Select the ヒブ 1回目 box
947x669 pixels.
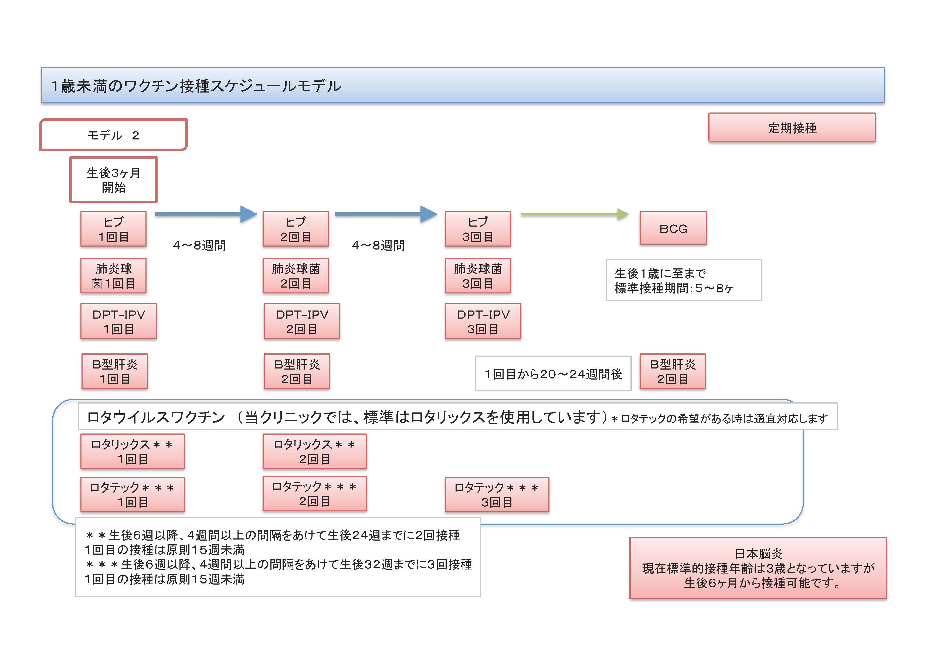113,229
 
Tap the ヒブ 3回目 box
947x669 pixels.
478,229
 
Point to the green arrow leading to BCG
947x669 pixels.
575,214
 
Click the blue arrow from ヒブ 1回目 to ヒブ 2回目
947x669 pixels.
206,214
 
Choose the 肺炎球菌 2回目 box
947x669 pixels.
296,276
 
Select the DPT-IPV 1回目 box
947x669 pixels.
118,322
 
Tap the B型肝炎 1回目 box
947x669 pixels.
115,371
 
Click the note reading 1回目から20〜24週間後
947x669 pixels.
553,373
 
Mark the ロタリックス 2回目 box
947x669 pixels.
314,451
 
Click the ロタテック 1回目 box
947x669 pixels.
133,495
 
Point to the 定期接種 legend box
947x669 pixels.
792,128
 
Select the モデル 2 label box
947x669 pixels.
113,135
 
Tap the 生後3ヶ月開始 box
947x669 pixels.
113,180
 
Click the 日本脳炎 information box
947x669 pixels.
758,568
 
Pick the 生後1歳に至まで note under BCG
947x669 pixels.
683,280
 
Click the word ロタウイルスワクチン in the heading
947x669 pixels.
156,417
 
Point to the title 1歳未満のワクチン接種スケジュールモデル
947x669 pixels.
196,86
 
